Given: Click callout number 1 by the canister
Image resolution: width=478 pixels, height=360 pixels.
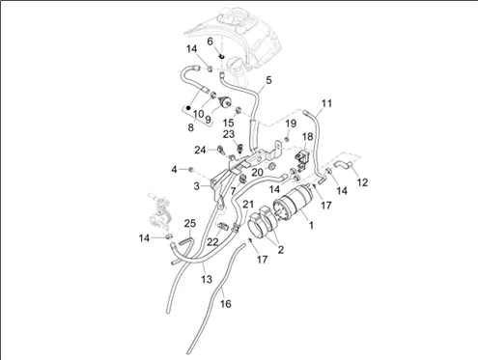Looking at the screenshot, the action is pyautogui.click(x=311, y=225).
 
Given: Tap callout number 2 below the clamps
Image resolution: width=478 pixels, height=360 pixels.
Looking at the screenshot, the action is pyautogui.click(x=281, y=249).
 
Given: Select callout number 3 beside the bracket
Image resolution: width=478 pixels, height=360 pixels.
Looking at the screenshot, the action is pyautogui.click(x=196, y=186).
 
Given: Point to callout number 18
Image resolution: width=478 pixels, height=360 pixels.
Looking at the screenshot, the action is pyautogui.click(x=308, y=136).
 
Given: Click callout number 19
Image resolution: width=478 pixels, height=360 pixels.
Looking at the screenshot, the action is pyautogui.click(x=291, y=124).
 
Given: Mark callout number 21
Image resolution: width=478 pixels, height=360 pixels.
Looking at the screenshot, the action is pyautogui.click(x=248, y=204).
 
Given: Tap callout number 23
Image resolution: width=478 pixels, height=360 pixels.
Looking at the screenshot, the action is pyautogui.click(x=229, y=134).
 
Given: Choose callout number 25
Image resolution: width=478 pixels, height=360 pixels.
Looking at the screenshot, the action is pyautogui.click(x=190, y=223).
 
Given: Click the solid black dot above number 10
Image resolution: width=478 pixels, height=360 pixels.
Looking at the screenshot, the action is pyautogui.click(x=188, y=107).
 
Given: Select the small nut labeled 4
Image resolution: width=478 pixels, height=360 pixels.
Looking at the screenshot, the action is pyautogui.click(x=190, y=169).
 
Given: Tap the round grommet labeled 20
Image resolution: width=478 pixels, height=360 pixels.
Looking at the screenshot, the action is pyautogui.click(x=272, y=166).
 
